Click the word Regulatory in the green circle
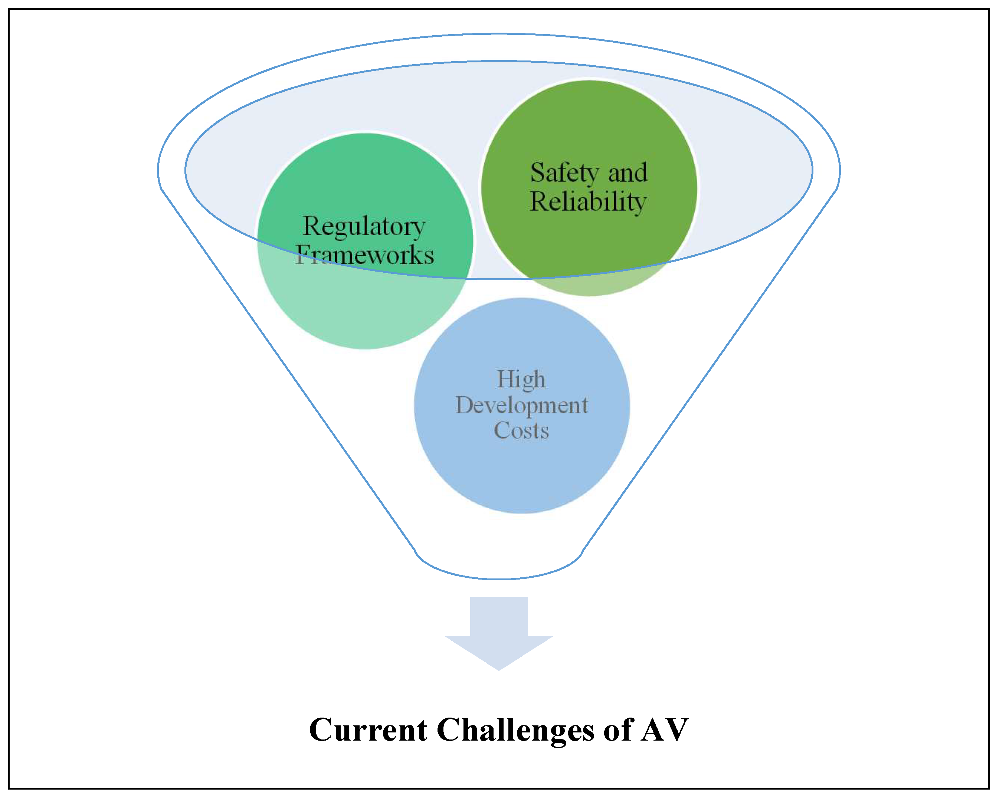(x=364, y=227)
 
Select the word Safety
(x=564, y=173)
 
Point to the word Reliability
(x=588, y=202)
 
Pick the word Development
(x=521, y=406)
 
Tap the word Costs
(x=521, y=431)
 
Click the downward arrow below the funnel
(x=498, y=628)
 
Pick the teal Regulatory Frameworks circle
(x=365, y=305)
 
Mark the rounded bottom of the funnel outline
(x=499, y=578)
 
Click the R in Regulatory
(x=311, y=226)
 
